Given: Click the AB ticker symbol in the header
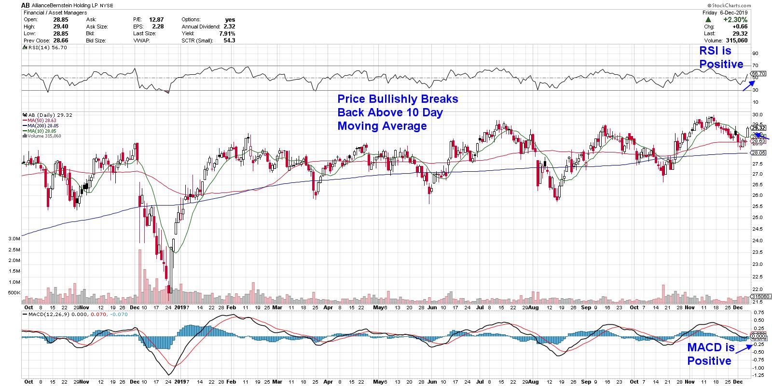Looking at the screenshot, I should (x=27, y=5).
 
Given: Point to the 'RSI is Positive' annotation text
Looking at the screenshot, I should (x=721, y=57).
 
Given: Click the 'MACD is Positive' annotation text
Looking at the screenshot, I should (x=710, y=354).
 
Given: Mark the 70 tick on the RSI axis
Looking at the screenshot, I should (x=755, y=66).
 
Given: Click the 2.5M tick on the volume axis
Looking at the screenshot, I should (x=14, y=250).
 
